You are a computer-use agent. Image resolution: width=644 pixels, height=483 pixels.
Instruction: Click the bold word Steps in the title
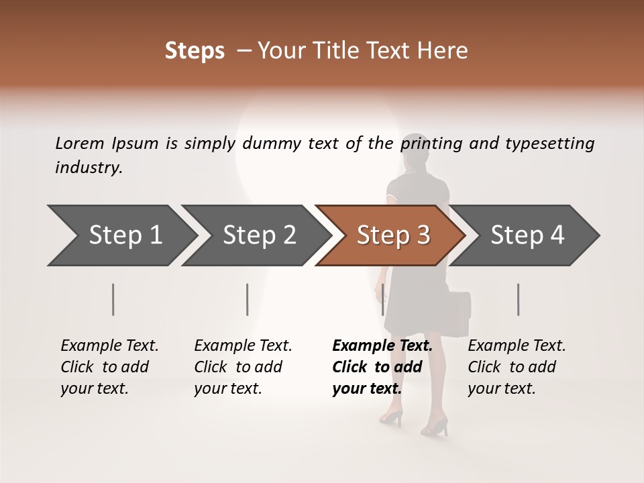(x=195, y=51)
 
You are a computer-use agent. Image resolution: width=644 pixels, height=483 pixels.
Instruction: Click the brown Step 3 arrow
(x=393, y=235)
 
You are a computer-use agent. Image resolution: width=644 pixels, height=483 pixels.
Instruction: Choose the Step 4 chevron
(x=527, y=235)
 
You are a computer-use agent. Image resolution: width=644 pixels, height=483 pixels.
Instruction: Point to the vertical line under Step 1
(x=113, y=299)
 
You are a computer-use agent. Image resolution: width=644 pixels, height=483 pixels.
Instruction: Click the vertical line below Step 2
(x=248, y=299)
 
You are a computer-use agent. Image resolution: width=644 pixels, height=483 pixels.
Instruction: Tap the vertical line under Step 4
(x=519, y=299)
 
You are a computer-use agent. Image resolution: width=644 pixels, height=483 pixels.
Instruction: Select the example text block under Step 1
(x=109, y=367)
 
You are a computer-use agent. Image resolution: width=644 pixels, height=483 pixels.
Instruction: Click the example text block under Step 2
(x=243, y=367)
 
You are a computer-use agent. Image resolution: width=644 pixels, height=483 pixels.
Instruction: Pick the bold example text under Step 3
(x=382, y=367)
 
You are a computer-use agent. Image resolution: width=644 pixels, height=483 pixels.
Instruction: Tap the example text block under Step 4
(x=517, y=367)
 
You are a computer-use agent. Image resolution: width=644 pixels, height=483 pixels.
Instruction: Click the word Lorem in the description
(x=80, y=143)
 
